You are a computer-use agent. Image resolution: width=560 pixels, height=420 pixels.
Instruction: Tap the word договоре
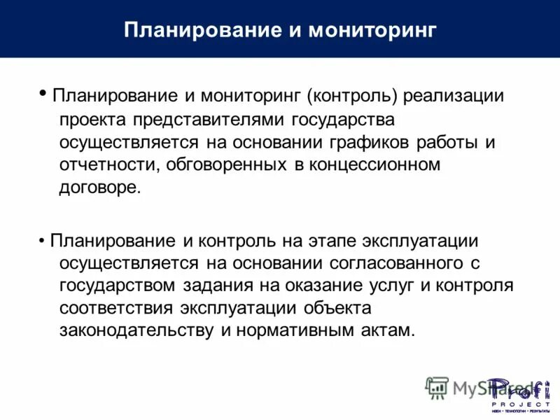point(101,188)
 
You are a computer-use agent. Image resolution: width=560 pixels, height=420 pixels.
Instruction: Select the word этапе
point(332,241)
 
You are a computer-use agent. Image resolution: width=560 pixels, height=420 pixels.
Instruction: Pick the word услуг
point(386,286)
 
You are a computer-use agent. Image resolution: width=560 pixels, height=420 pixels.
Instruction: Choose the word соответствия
point(116,308)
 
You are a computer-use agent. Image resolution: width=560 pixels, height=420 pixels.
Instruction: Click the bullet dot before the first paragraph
point(43,92)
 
